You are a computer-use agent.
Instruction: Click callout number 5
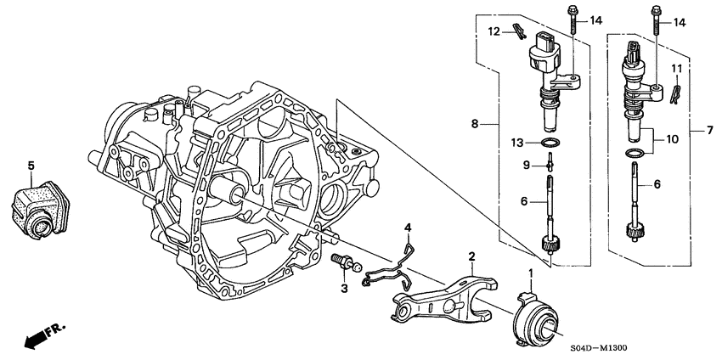pyautogui.click(x=31, y=165)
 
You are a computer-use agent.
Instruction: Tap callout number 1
pyautogui.click(x=533, y=273)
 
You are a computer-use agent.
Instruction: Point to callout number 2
pyautogui.click(x=471, y=255)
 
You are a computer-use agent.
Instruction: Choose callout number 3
pyautogui.click(x=345, y=290)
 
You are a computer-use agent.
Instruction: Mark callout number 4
pyautogui.click(x=409, y=227)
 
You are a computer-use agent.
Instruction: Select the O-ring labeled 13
pyautogui.click(x=550, y=142)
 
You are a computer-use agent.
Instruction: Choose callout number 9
pyautogui.click(x=526, y=163)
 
